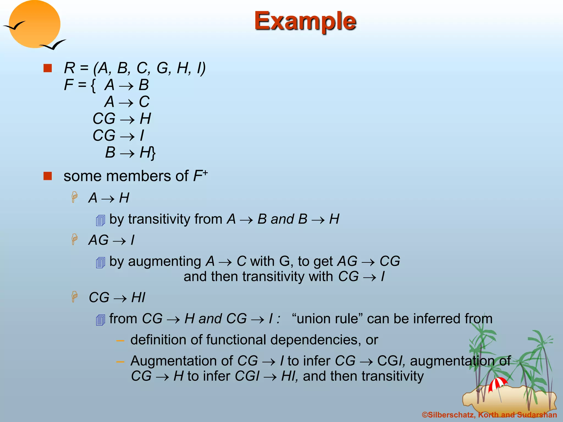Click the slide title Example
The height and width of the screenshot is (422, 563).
click(x=305, y=21)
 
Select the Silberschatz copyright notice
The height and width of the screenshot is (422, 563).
click(x=489, y=415)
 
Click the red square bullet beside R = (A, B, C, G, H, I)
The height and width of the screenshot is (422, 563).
click(x=48, y=68)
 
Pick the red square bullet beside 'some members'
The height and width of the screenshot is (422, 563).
click(x=48, y=176)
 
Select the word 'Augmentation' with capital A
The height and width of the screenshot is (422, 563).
click(x=182, y=361)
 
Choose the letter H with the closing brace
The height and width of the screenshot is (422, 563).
click(x=147, y=152)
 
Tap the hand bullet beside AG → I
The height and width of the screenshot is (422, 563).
click(x=74, y=239)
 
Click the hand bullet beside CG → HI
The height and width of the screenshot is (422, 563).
click(x=74, y=297)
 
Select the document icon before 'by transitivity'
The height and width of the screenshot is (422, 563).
click(x=101, y=220)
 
